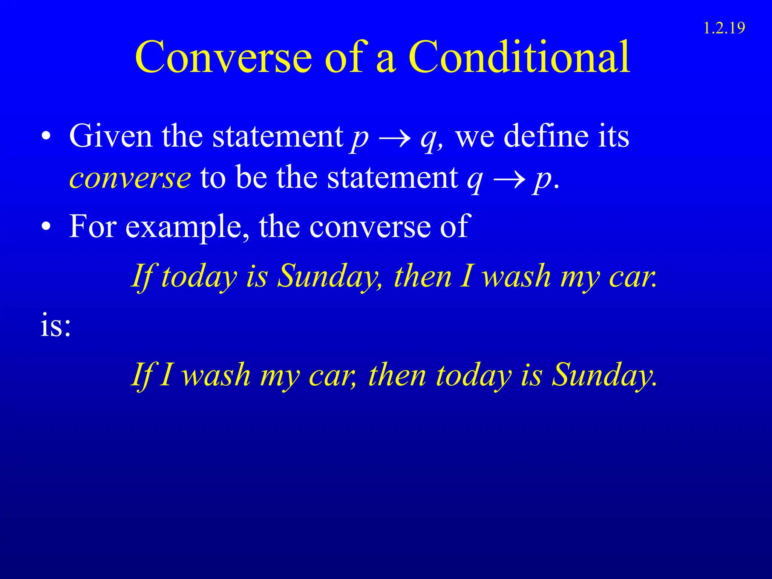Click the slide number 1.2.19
(724, 28)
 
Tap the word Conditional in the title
(519, 57)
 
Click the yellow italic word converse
(130, 178)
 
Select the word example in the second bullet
(184, 227)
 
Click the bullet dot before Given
(46, 137)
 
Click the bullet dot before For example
(46, 227)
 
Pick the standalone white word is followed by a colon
(55, 326)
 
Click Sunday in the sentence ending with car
(329, 276)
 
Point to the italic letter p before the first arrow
(359, 139)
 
